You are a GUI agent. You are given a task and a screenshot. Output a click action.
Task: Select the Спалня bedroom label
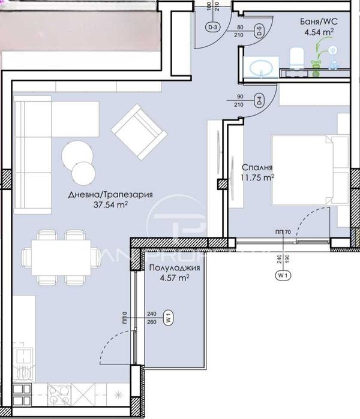pyautogui.click(x=258, y=167)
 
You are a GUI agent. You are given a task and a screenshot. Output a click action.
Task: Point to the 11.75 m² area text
pyautogui.click(x=259, y=177)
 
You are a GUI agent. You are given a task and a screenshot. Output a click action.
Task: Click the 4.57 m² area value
pyautogui.click(x=175, y=278)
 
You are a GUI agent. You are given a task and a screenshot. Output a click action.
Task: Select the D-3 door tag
pyautogui.click(x=213, y=27)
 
